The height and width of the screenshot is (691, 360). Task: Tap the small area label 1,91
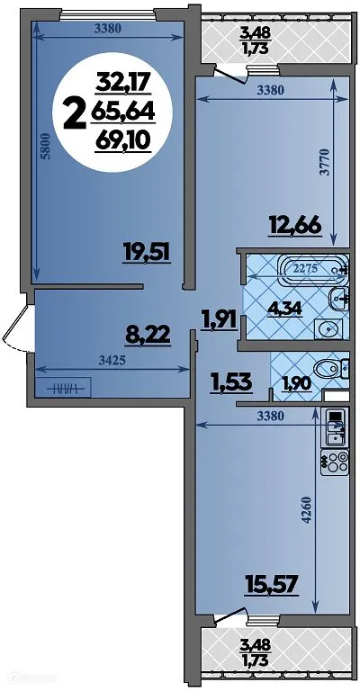(x=219, y=317)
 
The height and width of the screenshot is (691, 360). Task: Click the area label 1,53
(x=230, y=382)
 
